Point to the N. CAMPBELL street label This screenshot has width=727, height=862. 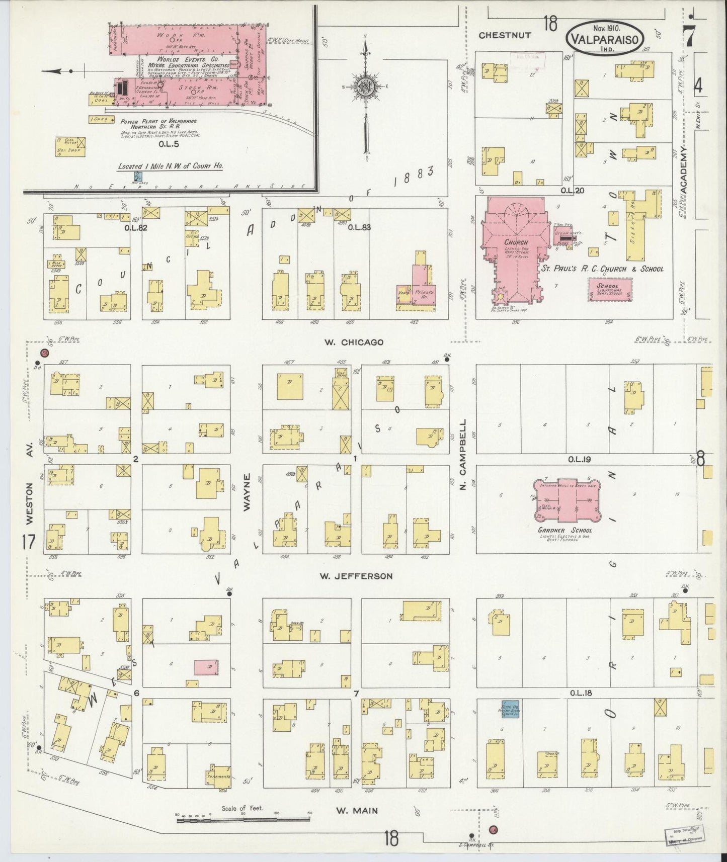(463, 456)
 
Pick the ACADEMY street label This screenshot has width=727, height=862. (683, 169)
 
